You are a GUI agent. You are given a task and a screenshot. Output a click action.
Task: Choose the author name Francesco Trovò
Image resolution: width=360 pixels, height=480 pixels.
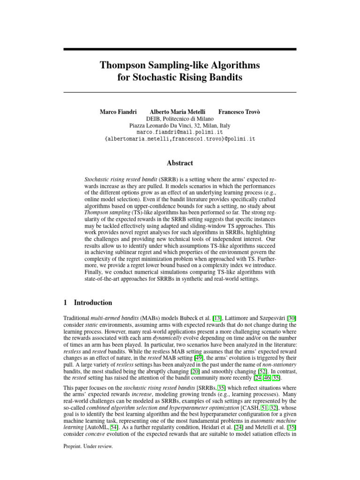239,112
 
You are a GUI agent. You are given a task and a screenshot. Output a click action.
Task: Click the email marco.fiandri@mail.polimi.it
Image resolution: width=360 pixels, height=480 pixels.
180,133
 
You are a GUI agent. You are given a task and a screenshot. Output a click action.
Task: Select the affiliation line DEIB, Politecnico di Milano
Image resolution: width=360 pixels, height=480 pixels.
180,119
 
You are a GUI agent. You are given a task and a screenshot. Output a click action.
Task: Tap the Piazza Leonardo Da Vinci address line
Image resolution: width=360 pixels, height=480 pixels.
180,126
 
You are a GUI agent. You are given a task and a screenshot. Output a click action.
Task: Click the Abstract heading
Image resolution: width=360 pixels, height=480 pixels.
180,163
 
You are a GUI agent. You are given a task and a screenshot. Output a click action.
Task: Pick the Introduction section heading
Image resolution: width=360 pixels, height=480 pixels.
93,303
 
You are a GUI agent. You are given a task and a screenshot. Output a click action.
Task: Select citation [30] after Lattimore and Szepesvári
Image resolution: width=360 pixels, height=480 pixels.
291,318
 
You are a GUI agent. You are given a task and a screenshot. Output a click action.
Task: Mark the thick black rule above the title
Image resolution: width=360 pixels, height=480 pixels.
180,49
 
